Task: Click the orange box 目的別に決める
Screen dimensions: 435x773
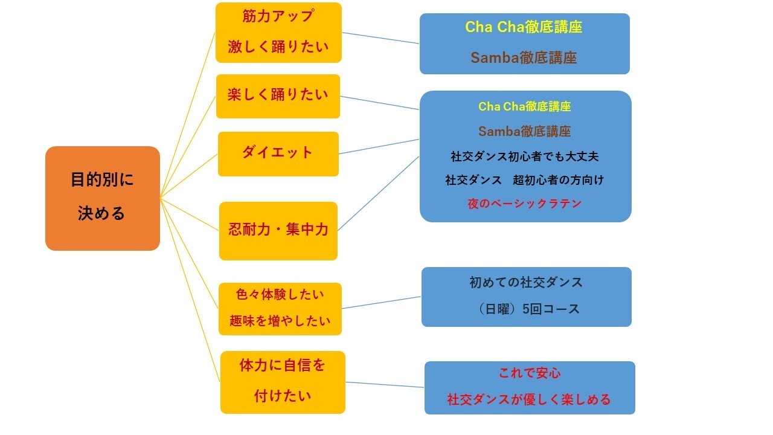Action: tap(102, 198)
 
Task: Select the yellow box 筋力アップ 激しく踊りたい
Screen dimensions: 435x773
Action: tap(278, 33)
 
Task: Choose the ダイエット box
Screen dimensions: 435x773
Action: tap(278, 153)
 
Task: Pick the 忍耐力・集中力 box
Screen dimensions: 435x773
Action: tap(278, 230)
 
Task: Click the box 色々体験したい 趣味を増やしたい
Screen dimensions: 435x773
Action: tap(280, 308)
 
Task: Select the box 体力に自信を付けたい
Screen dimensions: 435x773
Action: tap(282, 382)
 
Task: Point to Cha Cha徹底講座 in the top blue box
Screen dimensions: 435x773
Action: tap(524, 27)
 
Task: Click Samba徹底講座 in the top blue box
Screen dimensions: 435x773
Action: tap(524, 58)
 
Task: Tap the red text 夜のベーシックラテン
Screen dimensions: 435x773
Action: tap(524, 204)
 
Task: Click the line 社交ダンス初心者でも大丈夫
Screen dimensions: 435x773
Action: tap(524, 156)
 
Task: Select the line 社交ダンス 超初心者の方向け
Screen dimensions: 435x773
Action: tap(524, 180)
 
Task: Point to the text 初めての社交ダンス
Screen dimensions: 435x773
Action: tap(525, 282)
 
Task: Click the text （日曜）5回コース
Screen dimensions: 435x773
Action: tap(525, 309)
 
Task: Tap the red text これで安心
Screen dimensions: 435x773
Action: tap(529, 373)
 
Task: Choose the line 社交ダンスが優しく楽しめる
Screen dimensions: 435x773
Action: tap(529, 399)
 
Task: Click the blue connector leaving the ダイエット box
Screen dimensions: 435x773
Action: tap(379, 147)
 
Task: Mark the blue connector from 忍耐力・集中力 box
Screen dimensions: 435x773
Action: tap(378, 193)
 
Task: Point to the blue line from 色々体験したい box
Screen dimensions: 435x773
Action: tap(381, 303)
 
